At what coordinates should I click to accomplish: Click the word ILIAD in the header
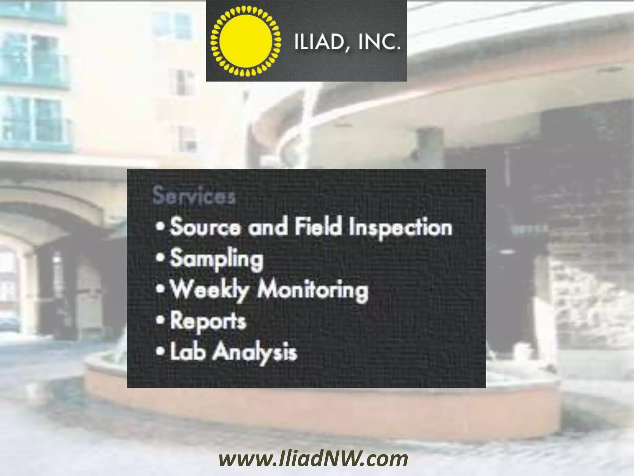point(315,43)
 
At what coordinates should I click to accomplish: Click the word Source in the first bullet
point(205,227)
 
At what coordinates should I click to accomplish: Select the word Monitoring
point(313,291)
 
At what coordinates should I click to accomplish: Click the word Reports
point(208,322)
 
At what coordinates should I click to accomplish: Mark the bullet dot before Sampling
point(160,258)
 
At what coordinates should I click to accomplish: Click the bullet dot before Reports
point(160,320)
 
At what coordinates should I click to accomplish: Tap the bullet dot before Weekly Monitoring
point(160,289)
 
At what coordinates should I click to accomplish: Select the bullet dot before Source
point(160,227)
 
